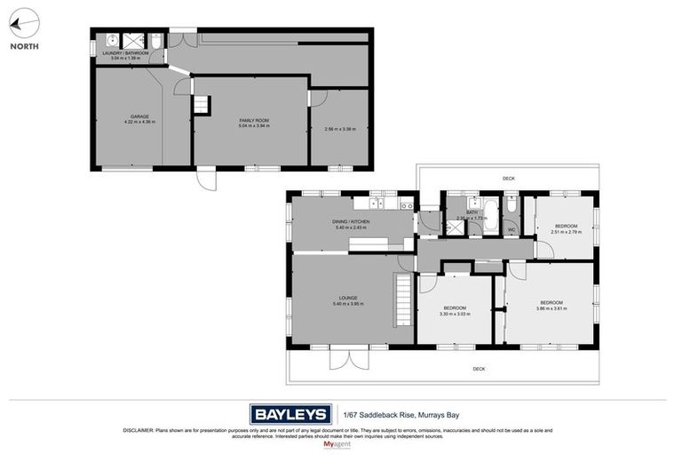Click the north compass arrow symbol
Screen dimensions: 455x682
click(26, 22)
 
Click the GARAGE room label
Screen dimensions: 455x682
click(139, 116)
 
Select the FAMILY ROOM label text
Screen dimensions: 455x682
click(253, 120)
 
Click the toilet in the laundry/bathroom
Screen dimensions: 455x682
click(155, 41)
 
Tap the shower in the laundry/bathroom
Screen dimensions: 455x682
click(133, 40)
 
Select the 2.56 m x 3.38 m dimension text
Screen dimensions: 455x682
click(341, 129)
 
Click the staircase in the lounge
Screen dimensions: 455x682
click(403, 300)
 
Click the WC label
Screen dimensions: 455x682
click(511, 230)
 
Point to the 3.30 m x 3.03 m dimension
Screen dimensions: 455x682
click(455, 314)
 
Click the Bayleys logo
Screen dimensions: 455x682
click(289, 413)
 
